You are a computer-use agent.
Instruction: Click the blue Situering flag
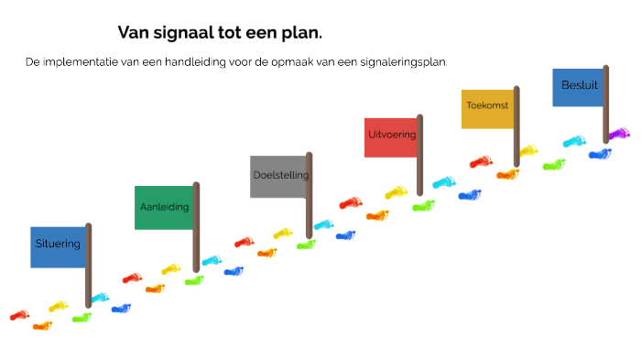click(x=58, y=246)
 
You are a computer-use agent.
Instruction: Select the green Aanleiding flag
click(x=164, y=207)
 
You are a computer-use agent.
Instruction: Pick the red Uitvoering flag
click(x=390, y=137)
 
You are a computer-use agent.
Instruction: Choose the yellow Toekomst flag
click(x=486, y=108)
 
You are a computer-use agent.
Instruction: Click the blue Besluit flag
click(x=577, y=87)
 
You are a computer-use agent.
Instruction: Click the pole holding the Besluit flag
click(x=607, y=105)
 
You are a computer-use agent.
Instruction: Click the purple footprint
click(x=620, y=134)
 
